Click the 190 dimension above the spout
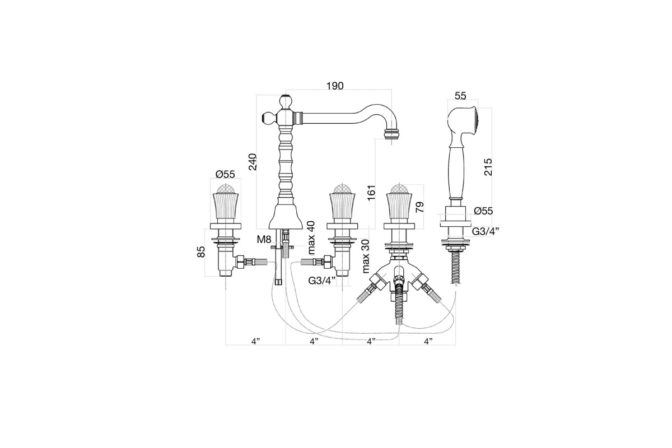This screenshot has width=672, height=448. point(335,86)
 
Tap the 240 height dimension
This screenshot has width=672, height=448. point(253,162)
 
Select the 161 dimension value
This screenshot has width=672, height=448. point(371,193)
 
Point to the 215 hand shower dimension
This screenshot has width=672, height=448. point(488,167)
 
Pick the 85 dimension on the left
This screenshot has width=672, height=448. point(201,251)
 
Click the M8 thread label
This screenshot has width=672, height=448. point(264,239)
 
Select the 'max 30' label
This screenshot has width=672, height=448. point(366,256)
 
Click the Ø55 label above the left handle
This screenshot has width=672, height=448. point(225,174)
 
